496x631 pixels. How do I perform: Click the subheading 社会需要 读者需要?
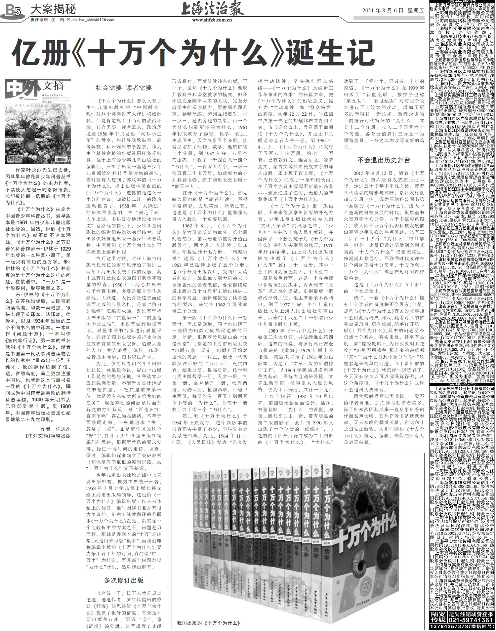124,88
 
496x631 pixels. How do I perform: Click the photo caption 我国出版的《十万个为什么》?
208,623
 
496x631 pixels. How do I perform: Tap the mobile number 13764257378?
450,626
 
